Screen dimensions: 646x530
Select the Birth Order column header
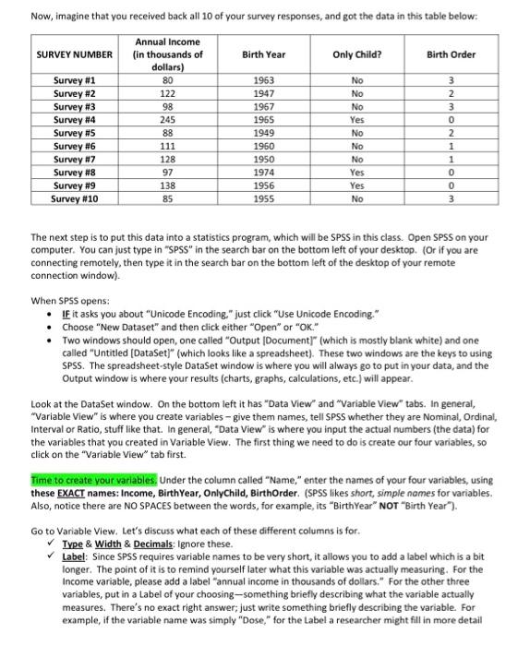click(452, 54)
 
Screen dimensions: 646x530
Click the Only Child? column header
click(353, 54)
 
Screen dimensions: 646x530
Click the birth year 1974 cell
click(262, 171)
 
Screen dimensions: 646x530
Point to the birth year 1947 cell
click(262, 93)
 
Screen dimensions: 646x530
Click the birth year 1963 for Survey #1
click(262, 80)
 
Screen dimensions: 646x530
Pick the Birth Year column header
click(262, 54)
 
